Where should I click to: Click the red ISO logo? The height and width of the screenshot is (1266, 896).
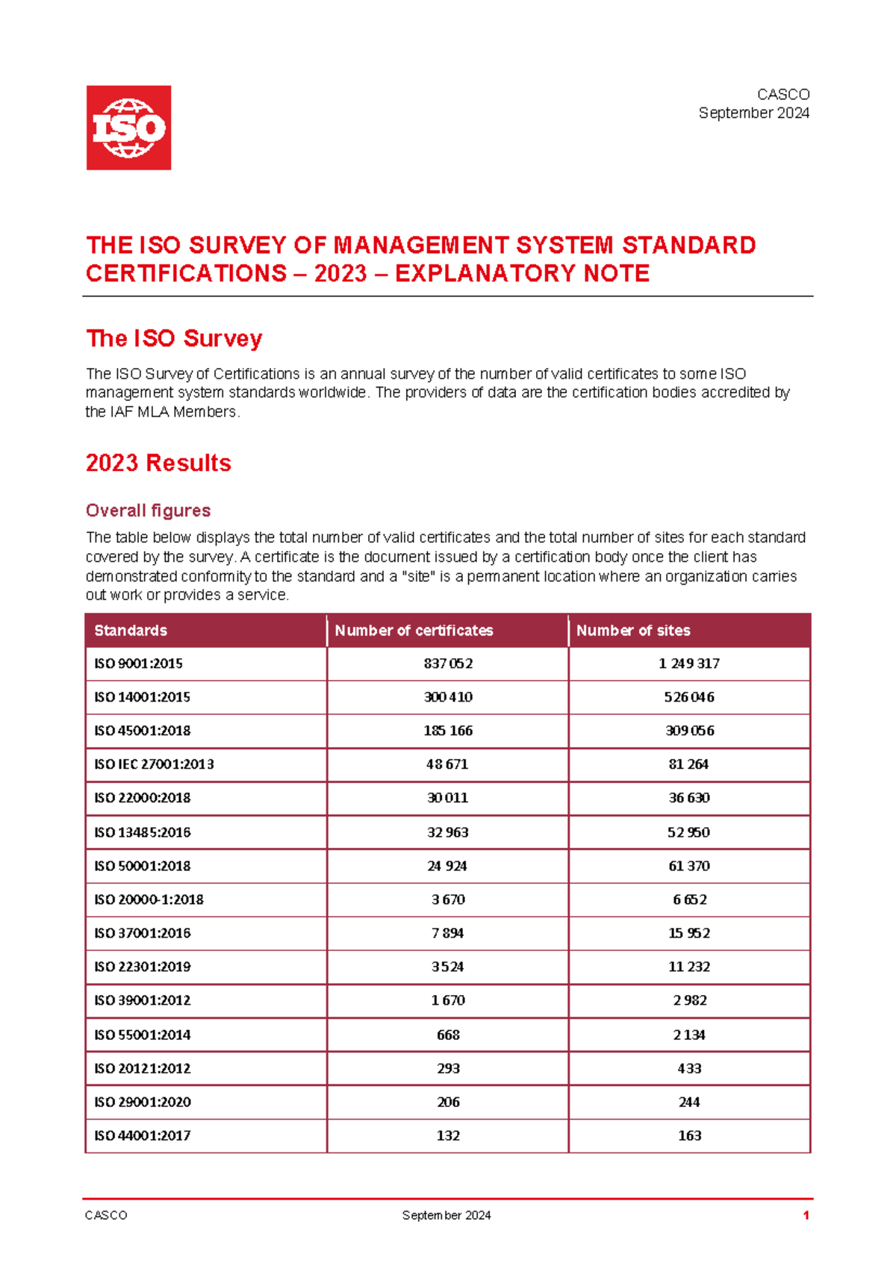pos(128,128)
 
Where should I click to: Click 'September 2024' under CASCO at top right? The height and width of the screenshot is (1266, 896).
pos(753,113)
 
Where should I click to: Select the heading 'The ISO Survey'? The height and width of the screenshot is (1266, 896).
pos(174,338)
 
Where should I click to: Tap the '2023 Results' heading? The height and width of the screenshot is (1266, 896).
pos(158,463)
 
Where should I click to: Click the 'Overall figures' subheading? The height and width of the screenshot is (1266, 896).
pos(148,511)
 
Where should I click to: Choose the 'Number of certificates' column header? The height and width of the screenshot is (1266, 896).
pos(414,631)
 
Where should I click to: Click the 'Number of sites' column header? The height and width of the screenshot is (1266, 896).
pos(633,631)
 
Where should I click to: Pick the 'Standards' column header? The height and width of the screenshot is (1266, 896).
pos(131,631)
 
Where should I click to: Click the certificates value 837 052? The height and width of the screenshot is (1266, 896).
pos(448,664)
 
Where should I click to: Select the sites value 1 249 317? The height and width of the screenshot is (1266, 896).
pos(689,664)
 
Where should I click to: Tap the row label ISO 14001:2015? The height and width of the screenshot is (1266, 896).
pos(142,697)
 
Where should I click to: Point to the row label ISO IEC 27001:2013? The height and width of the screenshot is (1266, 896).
pos(154,764)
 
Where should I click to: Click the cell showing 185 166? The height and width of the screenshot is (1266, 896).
pos(448,731)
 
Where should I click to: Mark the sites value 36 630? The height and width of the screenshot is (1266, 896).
pos(689,798)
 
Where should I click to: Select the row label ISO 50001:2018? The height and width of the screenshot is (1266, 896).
pos(142,866)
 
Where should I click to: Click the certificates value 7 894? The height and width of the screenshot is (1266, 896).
pos(448,933)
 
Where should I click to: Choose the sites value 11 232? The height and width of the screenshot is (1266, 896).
pos(689,967)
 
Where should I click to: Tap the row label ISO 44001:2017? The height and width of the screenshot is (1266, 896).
pos(142,1135)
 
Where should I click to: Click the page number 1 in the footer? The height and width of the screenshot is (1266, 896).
pos(806,1215)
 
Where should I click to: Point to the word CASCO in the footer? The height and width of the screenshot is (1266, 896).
pos(106,1215)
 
